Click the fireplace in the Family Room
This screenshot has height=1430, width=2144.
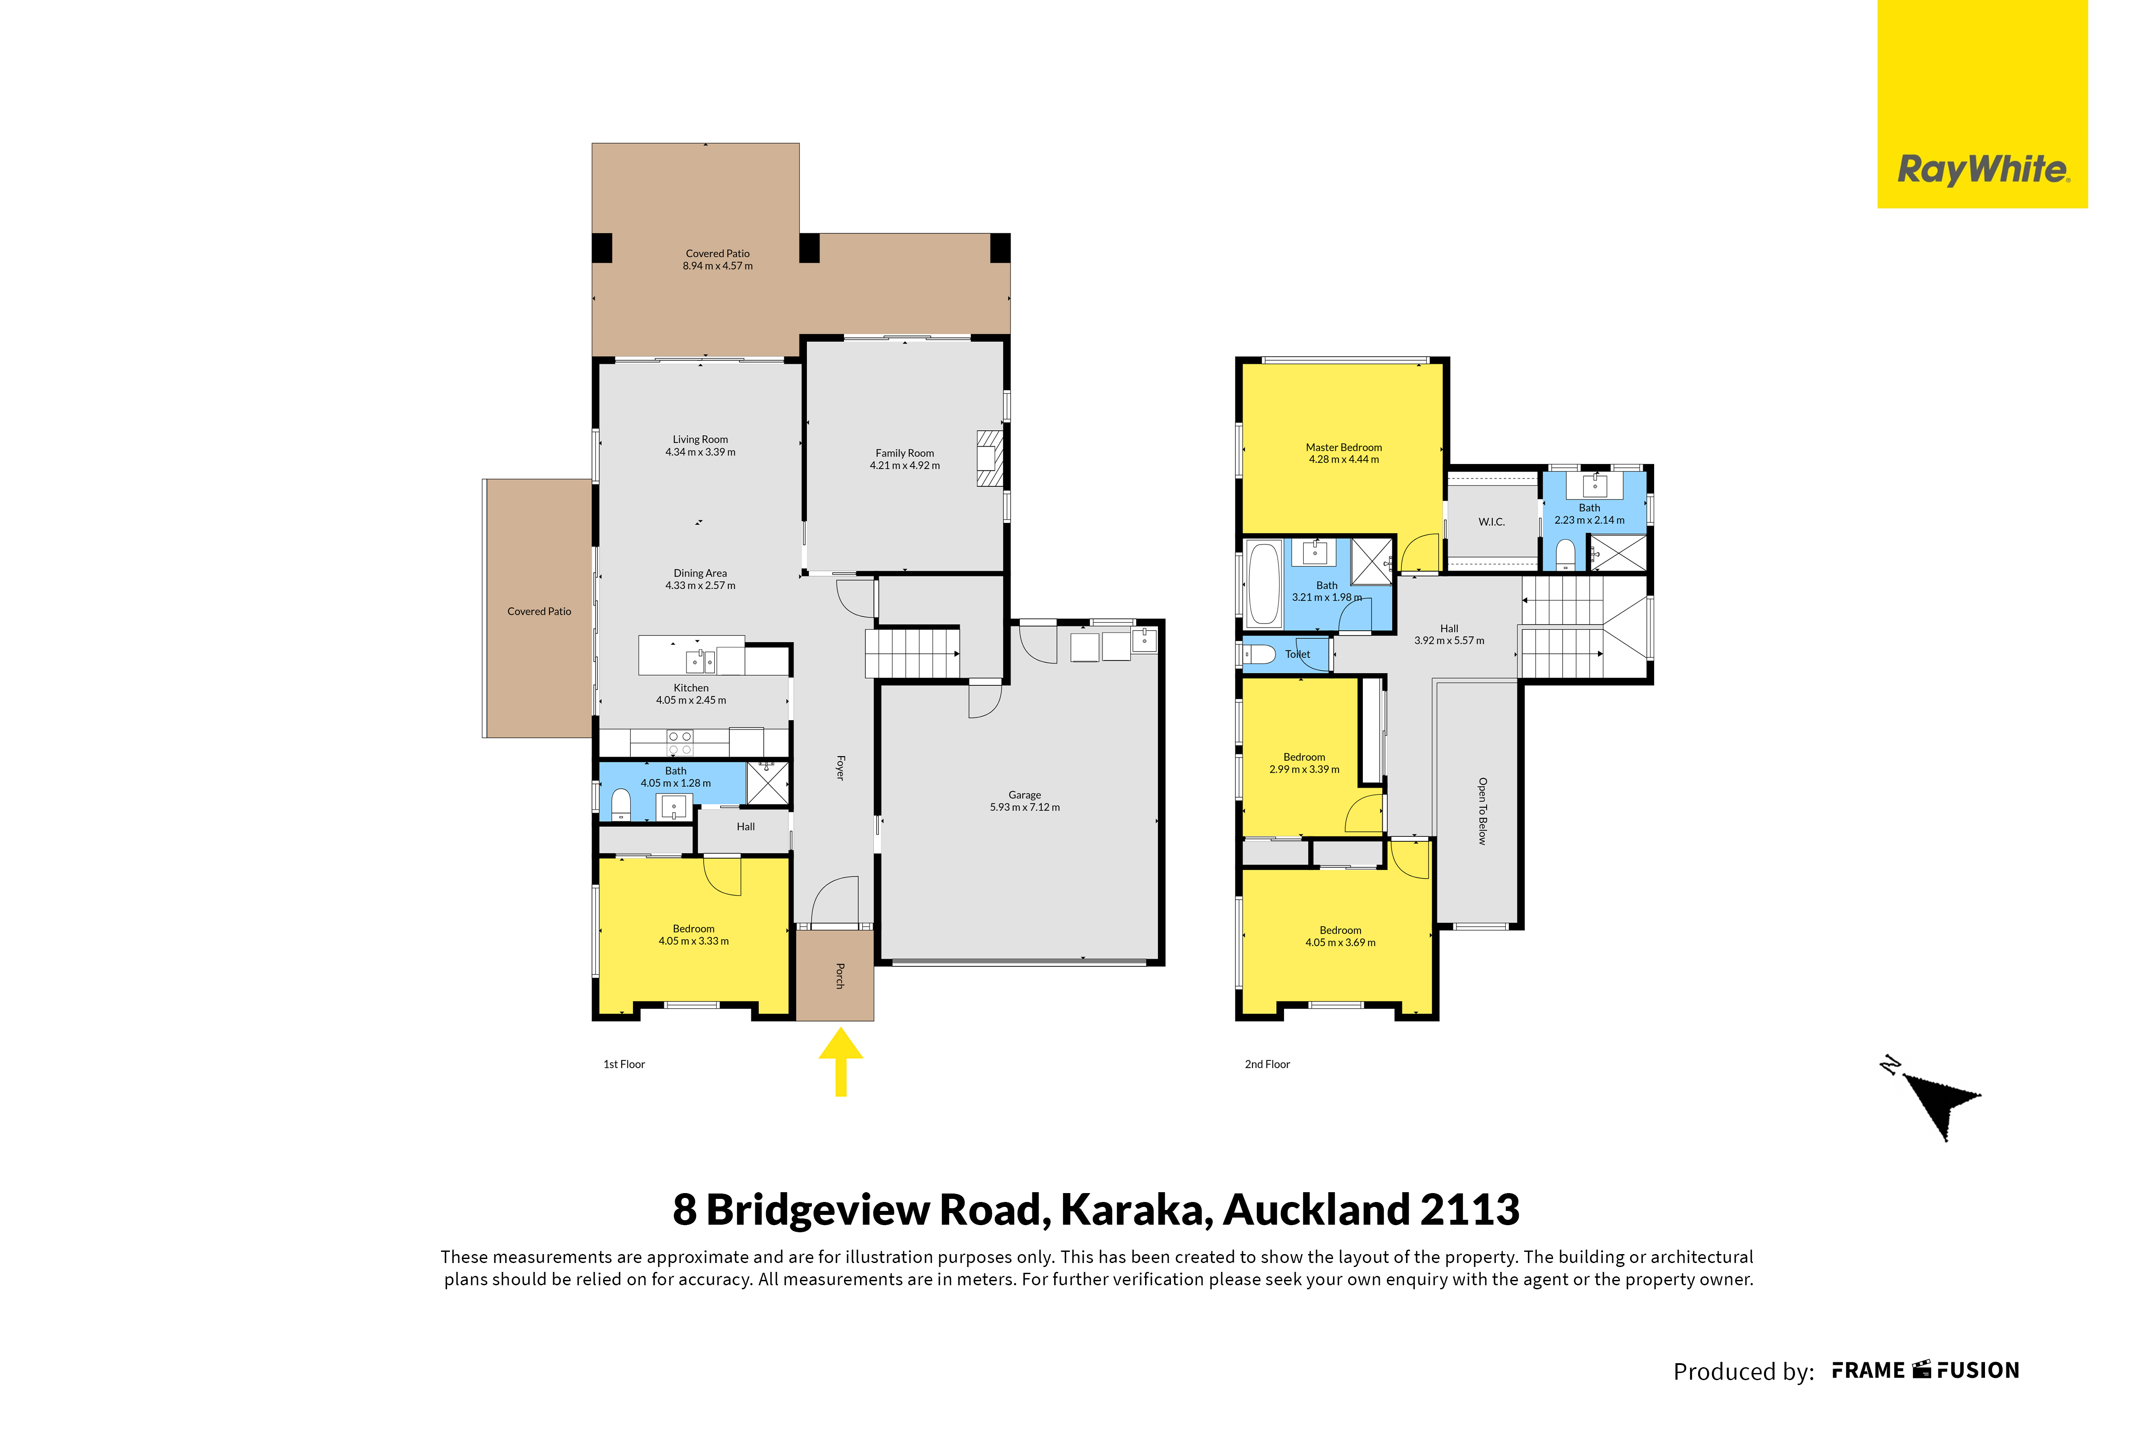click(x=990, y=459)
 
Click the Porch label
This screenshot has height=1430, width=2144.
click(x=840, y=976)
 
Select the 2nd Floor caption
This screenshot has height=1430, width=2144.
click(x=1268, y=1064)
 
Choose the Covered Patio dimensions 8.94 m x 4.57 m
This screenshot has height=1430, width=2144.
click(x=717, y=266)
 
